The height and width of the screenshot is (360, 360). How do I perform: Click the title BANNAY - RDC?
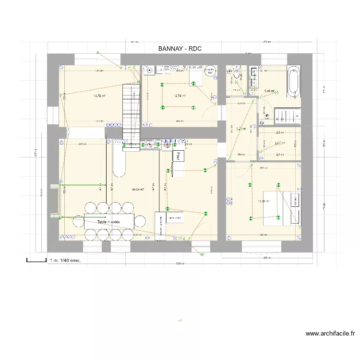click(x=180, y=49)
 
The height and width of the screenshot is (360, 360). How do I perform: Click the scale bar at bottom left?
click(x=36, y=260)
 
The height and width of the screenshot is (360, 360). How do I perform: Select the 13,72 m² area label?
click(x=99, y=96)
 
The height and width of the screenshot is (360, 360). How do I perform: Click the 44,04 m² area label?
click(x=138, y=189)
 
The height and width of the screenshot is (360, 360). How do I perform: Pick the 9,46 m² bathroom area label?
click(x=270, y=90)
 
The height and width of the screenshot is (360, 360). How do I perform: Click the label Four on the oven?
click(x=178, y=156)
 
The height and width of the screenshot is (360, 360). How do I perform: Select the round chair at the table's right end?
click(x=140, y=221)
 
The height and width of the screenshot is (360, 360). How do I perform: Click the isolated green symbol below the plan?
click(x=180, y=321)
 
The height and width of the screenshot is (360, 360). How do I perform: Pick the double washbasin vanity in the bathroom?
click(x=253, y=78)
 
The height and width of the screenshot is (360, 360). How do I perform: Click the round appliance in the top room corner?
click(x=209, y=71)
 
